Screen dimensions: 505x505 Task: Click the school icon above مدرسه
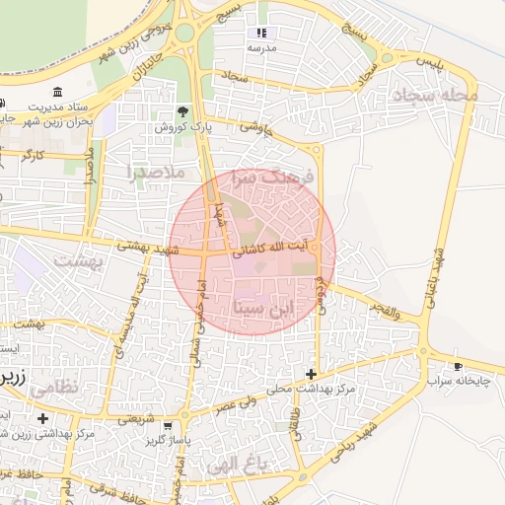(261, 33)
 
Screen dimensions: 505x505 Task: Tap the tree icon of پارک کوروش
(181, 111)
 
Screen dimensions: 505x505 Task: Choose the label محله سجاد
(434, 97)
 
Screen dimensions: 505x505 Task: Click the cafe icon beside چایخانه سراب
(458, 364)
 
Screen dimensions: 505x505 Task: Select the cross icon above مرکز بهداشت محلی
(312, 374)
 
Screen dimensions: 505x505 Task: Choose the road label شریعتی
(136, 418)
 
